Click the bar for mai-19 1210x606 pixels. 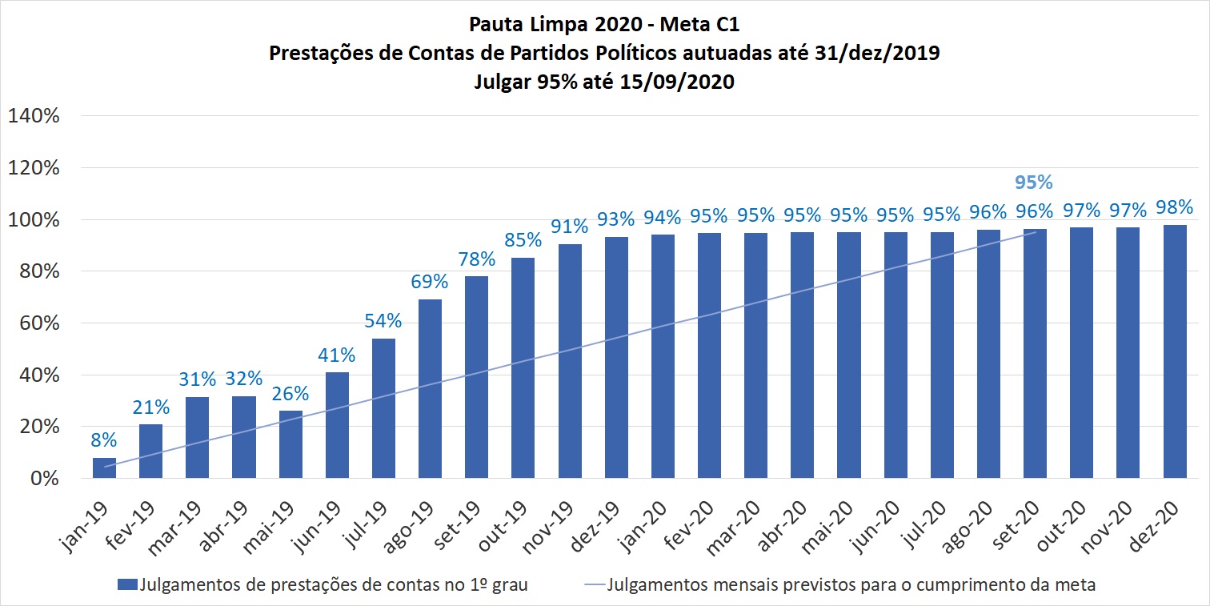point(290,445)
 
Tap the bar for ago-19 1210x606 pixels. point(430,389)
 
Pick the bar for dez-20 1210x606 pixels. point(1175,352)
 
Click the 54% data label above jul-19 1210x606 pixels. point(383,321)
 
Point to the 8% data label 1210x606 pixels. point(104,439)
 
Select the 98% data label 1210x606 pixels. point(1175,207)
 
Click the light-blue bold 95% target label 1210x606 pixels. point(1034,183)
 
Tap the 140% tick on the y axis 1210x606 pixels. point(34,116)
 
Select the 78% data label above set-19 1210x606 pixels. point(476,259)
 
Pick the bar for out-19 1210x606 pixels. point(523,368)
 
